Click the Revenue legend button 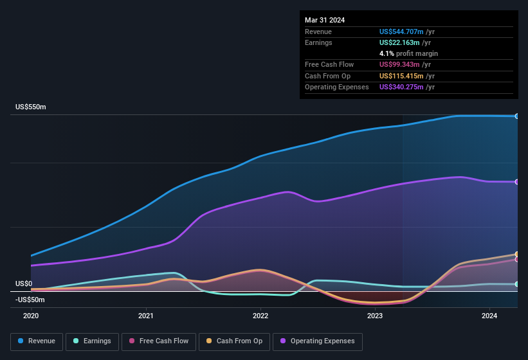click(37, 341)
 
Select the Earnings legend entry click(91, 341)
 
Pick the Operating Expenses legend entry click(318, 341)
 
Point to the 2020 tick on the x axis click(31, 316)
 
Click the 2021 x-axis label click(146, 316)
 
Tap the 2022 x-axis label click(260, 316)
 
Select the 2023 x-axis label click(375, 316)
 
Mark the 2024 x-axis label click(489, 316)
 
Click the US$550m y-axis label click(31, 107)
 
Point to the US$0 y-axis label click(24, 283)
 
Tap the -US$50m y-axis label click(30, 300)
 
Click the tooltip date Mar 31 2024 click(325, 20)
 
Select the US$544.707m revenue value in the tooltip click(402, 32)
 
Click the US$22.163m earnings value click(399, 42)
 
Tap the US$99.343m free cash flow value click(399, 64)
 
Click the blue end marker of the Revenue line click(517, 116)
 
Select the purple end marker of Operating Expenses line click(517, 182)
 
